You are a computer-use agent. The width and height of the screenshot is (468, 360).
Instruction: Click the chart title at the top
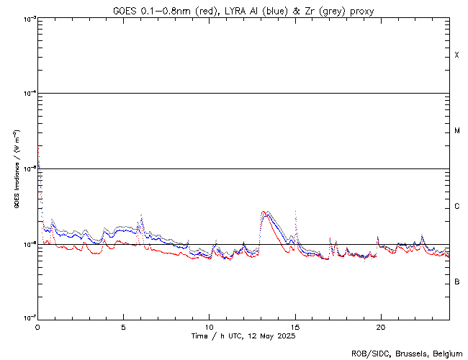click(243, 10)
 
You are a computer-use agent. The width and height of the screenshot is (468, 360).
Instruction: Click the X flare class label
click(456, 55)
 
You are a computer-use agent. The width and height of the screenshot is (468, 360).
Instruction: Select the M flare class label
click(456, 131)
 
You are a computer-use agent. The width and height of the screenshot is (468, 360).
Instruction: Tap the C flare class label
click(456, 207)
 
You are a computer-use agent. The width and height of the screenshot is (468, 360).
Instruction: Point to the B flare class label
click(456, 282)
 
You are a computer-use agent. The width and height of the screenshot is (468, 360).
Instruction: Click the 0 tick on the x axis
click(37, 326)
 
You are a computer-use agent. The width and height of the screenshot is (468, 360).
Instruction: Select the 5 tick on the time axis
click(123, 326)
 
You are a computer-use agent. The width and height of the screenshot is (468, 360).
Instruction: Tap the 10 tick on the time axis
click(209, 326)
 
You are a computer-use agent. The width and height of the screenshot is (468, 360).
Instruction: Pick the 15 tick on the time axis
click(294, 326)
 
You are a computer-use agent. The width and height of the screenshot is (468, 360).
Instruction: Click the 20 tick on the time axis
click(380, 326)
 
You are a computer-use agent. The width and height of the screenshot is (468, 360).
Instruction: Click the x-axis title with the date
click(243, 336)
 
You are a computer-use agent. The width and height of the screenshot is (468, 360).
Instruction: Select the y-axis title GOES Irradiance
click(15, 169)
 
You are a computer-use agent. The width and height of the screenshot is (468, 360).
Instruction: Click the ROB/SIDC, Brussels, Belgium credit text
click(408, 353)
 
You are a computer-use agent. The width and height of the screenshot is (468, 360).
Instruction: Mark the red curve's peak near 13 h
click(264, 212)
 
